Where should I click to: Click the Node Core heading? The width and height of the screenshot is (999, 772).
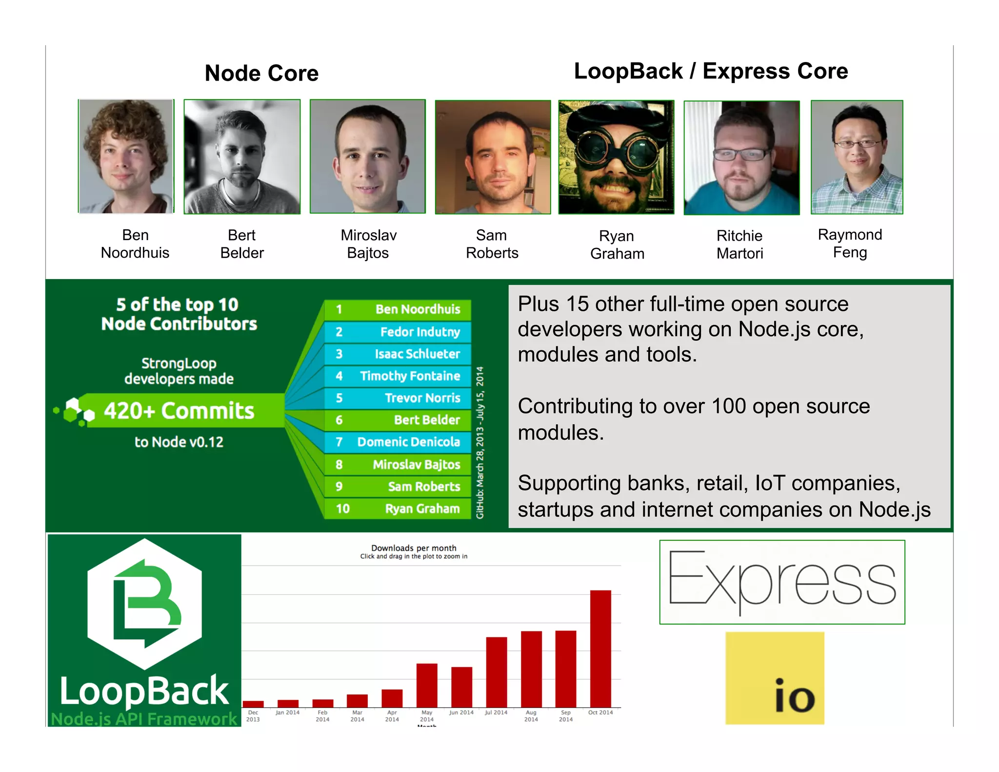tap(261, 73)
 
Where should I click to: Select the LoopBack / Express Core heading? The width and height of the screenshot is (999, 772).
tap(711, 71)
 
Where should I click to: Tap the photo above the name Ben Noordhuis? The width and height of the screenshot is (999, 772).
tap(126, 156)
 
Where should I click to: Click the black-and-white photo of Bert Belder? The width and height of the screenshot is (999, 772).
tap(242, 156)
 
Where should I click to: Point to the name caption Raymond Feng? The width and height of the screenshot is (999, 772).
tap(850, 244)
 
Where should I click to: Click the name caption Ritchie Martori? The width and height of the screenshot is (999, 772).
tap(739, 244)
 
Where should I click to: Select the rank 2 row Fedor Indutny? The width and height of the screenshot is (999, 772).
tap(398, 332)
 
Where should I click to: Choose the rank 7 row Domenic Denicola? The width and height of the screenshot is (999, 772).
tap(398, 442)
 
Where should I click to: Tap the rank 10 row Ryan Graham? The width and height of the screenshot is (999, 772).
tap(398, 508)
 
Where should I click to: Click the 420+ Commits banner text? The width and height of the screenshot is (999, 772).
tap(179, 411)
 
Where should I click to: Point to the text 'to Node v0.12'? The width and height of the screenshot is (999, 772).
tap(179, 442)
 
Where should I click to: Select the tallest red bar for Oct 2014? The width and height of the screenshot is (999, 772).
tap(600, 649)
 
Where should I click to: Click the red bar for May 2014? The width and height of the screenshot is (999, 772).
tap(427, 685)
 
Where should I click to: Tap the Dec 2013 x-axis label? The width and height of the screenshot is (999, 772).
tap(253, 716)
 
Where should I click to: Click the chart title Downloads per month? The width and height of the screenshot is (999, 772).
tap(414, 548)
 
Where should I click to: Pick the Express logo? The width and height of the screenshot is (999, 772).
tap(782, 582)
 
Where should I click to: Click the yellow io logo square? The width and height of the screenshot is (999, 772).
tap(775, 678)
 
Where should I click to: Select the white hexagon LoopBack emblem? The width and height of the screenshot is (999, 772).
tap(144, 604)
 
